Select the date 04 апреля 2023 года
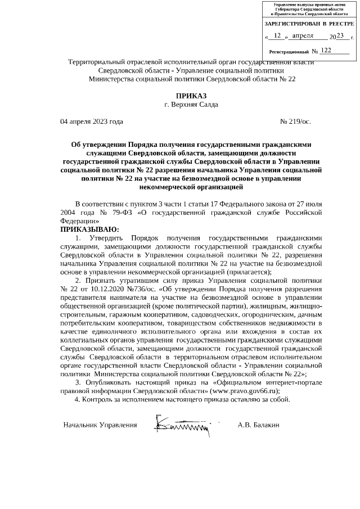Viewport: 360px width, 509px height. pyautogui.click(x=92, y=121)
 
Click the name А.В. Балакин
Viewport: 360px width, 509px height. pyautogui.click(x=259, y=425)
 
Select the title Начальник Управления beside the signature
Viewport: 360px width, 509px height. pyautogui.click(x=100, y=425)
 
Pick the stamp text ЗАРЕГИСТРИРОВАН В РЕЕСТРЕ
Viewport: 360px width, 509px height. pyautogui.click(x=309, y=24)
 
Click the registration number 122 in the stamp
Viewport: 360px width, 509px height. pyautogui.click(x=325, y=50)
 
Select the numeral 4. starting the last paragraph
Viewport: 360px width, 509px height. pyautogui.click(x=78, y=400)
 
